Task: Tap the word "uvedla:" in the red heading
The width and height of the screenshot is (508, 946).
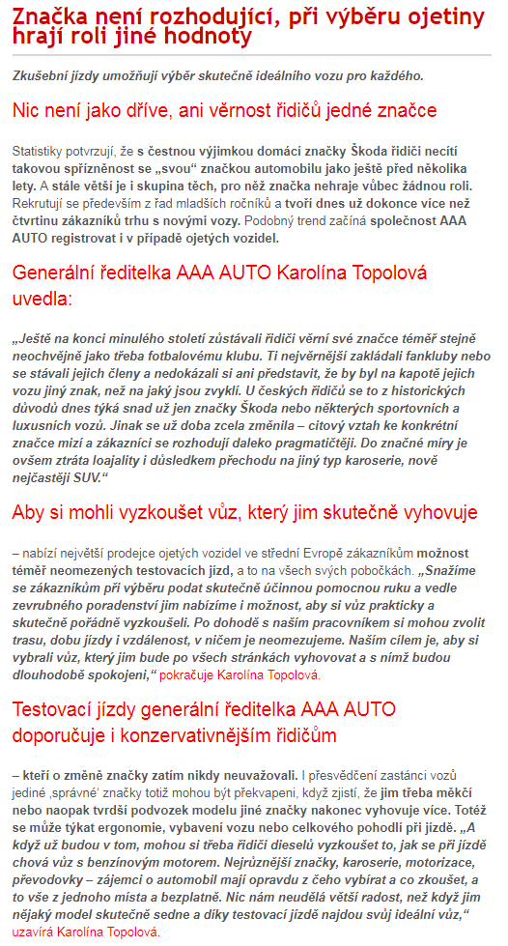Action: point(42,299)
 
